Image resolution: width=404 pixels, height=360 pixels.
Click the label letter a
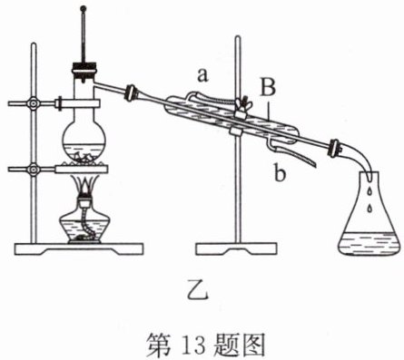click(x=202, y=75)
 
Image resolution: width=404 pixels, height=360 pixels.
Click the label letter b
click(x=280, y=172)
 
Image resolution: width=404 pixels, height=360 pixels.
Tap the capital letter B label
click(x=268, y=86)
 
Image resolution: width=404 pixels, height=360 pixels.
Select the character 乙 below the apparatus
click(x=197, y=289)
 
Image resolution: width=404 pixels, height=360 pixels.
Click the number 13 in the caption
click(x=194, y=344)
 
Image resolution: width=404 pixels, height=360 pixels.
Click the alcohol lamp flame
click(x=84, y=185)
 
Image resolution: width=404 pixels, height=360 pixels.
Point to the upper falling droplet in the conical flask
click(x=369, y=191)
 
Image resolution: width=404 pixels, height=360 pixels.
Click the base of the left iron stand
click(x=79, y=248)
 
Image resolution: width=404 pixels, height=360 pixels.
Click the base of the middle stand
click(x=236, y=249)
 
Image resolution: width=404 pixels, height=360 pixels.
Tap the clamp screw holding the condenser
click(x=242, y=103)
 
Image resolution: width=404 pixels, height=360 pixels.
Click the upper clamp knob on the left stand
click(x=33, y=103)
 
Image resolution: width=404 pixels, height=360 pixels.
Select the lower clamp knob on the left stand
click(x=33, y=169)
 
